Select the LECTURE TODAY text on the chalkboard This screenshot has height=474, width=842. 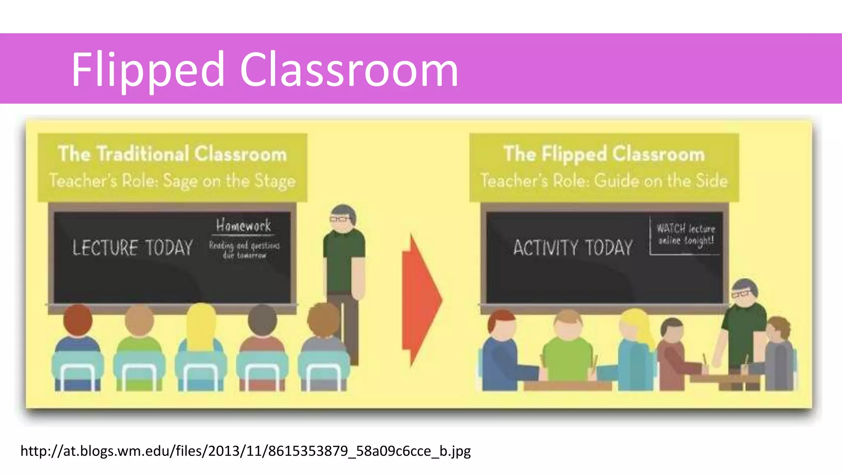[x=132, y=248]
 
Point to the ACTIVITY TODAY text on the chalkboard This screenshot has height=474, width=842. [x=573, y=248]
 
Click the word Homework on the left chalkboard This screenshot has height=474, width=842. [x=243, y=225]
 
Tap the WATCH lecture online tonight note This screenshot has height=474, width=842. [x=685, y=235]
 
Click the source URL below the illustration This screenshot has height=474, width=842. [x=245, y=451]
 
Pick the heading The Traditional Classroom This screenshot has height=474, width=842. [x=172, y=153]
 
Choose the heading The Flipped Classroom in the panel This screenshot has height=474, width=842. [x=604, y=153]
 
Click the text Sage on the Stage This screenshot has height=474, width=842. [x=229, y=181]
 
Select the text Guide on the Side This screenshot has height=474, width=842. [x=661, y=181]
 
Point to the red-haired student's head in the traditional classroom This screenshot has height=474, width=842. [x=78, y=319]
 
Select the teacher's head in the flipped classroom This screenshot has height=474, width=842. [x=745, y=293]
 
